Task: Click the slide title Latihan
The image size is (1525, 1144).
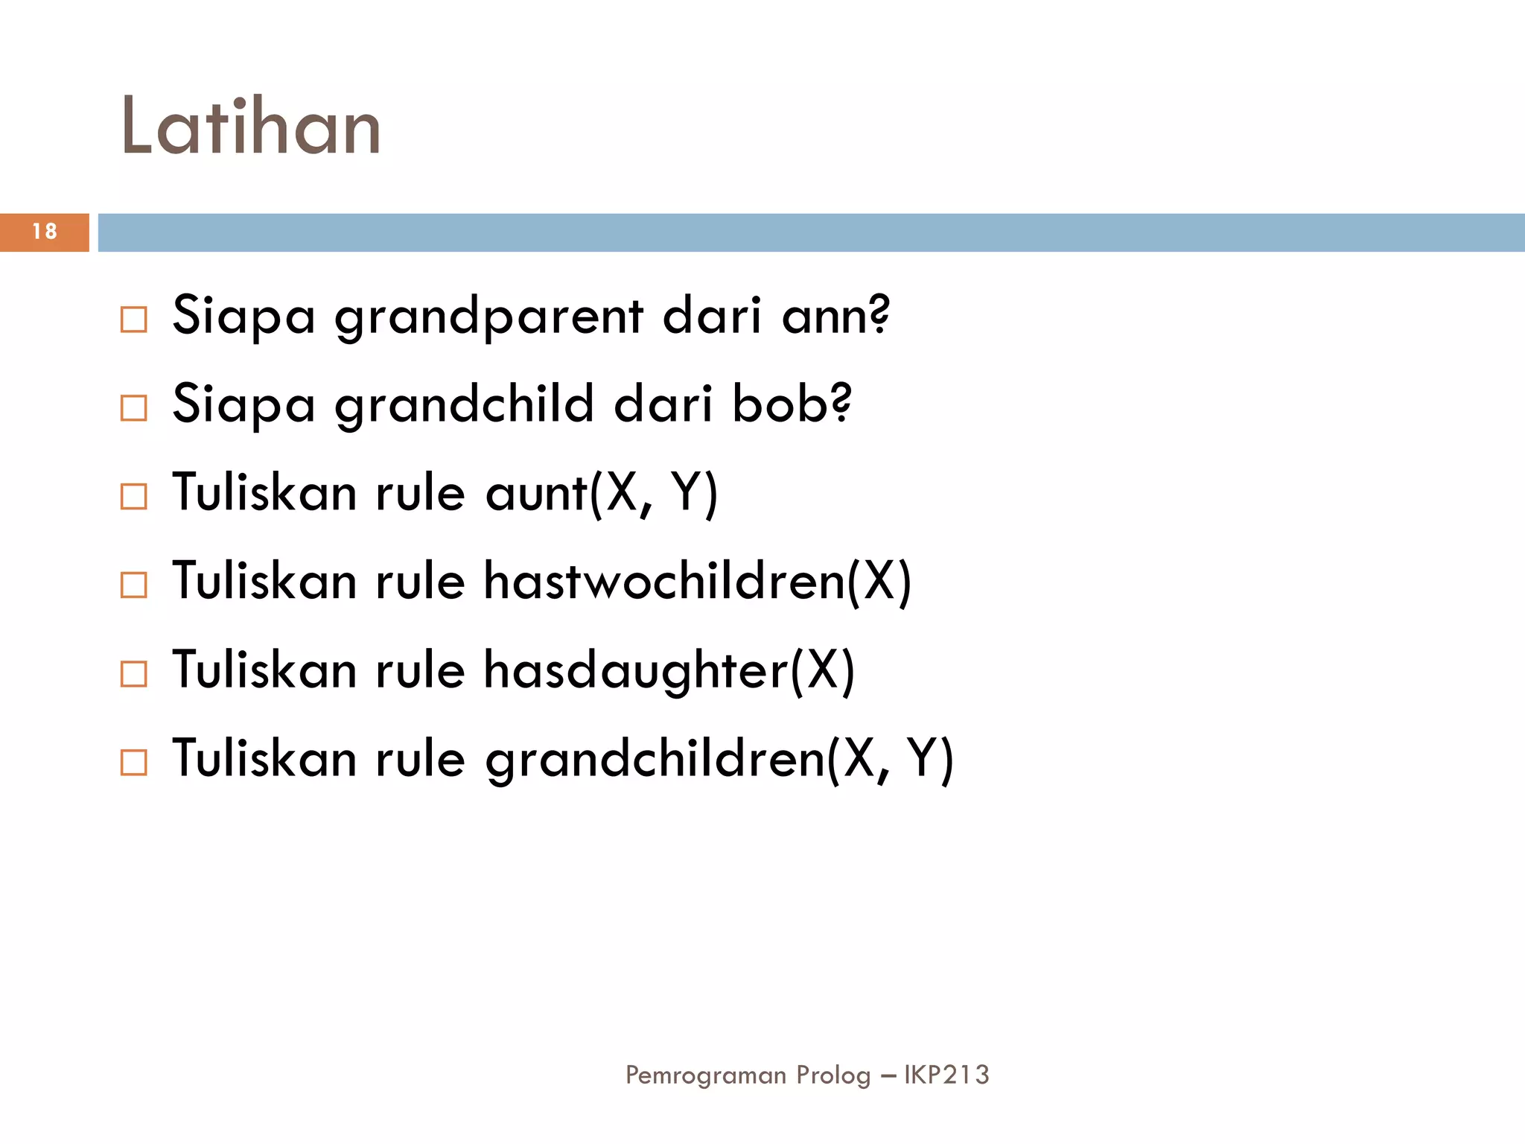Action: (x=251, y=127)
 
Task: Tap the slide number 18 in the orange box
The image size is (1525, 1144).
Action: (x=45, y=232)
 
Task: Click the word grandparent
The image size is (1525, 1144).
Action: (x=488, y=316)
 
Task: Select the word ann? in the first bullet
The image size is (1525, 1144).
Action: (x=835, y=316)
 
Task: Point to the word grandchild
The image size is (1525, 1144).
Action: (x=464, y=404)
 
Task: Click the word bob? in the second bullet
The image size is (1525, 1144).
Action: (x=792, y=404)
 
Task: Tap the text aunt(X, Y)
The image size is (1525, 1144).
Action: (x=602, y=493)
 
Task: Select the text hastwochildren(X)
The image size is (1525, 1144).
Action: (x=698, y=582)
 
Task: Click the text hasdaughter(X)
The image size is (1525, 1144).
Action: (x=669, y=670)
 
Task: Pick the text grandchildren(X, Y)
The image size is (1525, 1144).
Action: (x=719, y=759)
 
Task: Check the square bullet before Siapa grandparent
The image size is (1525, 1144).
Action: (x=134, y=320)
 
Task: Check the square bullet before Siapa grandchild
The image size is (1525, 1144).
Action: (x=134, y=408)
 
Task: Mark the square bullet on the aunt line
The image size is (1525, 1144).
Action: (x=134, y=497)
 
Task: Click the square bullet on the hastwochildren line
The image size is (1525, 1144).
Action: (x=134, y=585)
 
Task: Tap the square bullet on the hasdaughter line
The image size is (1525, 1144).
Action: (x=134, y=674)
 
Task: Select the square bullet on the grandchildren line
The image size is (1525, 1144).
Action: (x=134, y=763)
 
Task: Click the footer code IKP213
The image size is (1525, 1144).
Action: (x=946, y=1075)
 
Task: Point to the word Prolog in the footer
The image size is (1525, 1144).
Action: (x=833, y=1075)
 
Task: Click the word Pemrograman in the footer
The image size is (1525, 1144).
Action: (x=706, y=1075)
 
